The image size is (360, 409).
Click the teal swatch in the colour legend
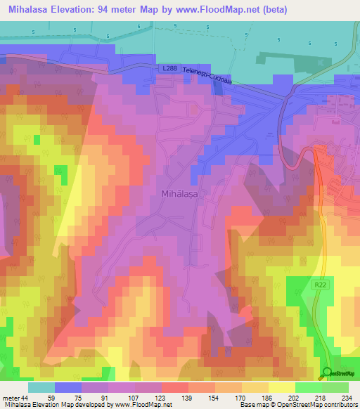click(x=41, y=387)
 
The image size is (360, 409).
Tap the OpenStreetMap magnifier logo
click(x=327, y=372)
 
